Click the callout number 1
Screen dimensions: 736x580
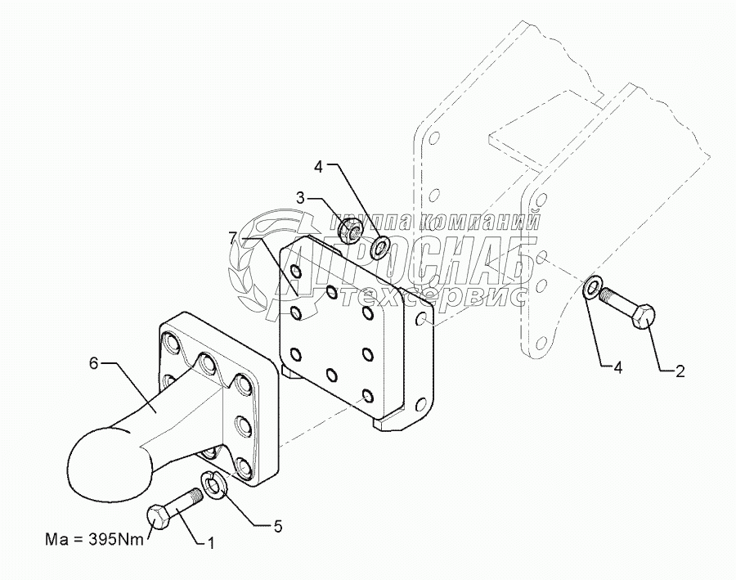pos(210,542)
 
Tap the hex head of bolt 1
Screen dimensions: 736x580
pos(159,518)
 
